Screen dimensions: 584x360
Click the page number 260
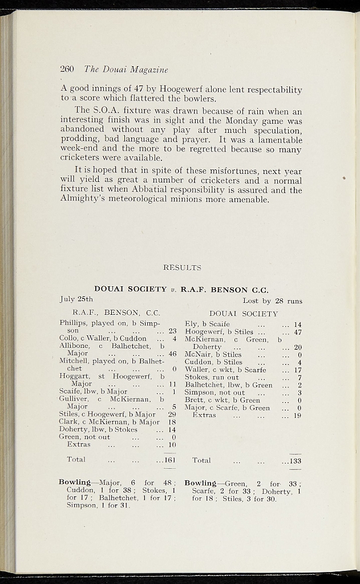(67, 70)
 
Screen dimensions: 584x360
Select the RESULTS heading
(182, 267)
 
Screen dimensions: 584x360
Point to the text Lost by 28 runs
(272, 301)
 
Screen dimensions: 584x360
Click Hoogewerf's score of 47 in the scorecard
(297, 332)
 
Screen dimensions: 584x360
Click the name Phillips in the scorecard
(73, 323)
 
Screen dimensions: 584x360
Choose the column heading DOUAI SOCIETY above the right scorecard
(244, 313)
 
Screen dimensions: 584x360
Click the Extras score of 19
(297, 416)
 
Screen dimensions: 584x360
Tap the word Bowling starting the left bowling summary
(75, 482)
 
